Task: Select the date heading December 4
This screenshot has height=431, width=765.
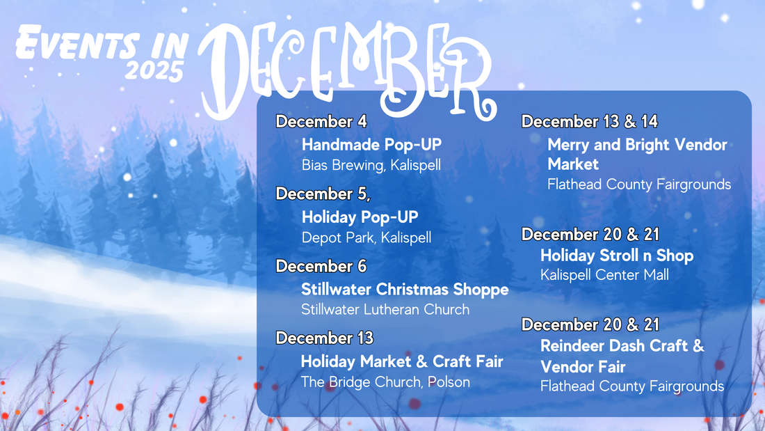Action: [x=321, y=121]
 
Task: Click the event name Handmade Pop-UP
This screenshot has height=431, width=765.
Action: [x=371, y=145]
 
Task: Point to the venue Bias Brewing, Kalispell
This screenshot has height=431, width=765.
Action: [x=371, y=166]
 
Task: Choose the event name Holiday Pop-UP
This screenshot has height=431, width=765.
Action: [x=360, y=217]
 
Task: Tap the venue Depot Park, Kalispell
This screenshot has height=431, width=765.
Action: [x=366, y=237]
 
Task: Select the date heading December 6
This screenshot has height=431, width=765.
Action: [x=321, y=266]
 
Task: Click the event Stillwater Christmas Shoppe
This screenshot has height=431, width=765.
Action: [x=405, y=289]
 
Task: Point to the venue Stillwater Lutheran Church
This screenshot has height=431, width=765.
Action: [x=385, y=309]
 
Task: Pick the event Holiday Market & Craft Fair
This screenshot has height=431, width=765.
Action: [x=401, y=361]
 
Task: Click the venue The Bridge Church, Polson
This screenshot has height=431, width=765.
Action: [x=385, y=382]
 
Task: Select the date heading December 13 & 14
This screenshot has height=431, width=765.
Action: [x=589, y=121]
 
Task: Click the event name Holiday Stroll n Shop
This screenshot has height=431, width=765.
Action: [x=617, y=256]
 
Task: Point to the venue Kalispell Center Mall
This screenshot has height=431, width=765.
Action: [x=604, y=275]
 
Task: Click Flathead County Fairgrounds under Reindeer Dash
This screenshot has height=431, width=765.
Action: [x=631, y=386]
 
